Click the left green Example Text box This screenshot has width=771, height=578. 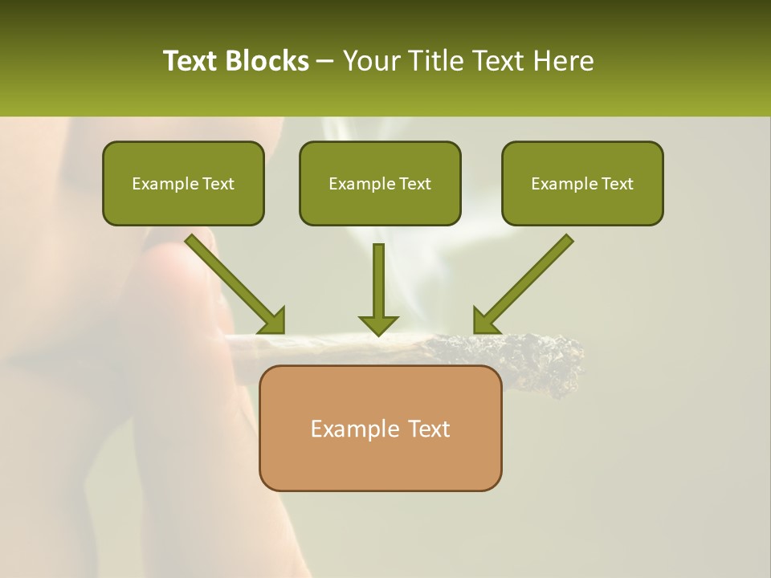click(x=183, y=183)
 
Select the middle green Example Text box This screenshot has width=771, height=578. click(x=380, y=183)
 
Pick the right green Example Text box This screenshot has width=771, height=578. click(x=582, y=183)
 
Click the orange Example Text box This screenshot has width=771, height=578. click(x=380, y=428)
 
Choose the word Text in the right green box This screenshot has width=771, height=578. click(x=617, y=184)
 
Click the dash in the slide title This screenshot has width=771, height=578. click(x=325, y=61)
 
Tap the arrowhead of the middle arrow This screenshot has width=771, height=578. click(x=378, y=324)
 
